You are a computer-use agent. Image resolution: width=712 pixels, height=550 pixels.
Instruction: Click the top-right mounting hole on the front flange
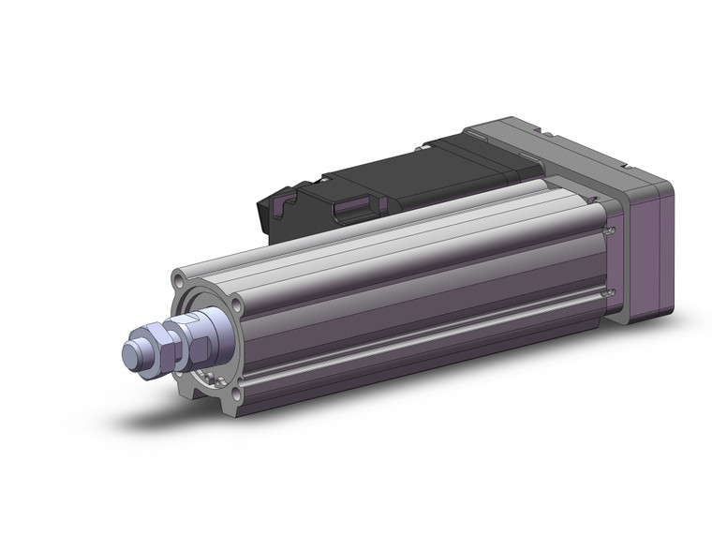click(237, 305)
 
